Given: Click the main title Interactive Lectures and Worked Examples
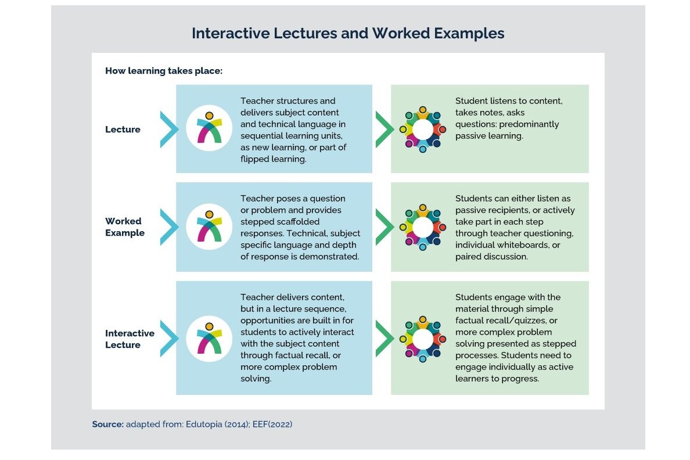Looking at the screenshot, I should tap(348, 33).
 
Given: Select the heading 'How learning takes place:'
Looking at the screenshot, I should tap(164, 71).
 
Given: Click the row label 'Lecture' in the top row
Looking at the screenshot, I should tap(123, 130).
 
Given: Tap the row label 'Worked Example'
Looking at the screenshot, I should tap(124, 227).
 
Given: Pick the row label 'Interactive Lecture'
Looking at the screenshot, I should tap(130, 339).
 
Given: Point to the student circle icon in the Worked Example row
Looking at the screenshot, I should tap(422, 227).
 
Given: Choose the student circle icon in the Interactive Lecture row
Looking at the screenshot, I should tap(422, 339).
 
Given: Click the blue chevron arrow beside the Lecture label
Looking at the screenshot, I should tap(167, 129).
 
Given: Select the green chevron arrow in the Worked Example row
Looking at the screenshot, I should tap(383, 227).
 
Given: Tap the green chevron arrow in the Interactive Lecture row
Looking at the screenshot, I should tap(383, 339).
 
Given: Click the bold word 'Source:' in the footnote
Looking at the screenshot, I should tap(107, 425).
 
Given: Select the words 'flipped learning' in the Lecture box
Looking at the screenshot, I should tap(273, 159).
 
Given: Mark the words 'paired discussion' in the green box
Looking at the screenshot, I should tap(491, 257).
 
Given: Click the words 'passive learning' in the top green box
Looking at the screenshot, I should tap(489, 136).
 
